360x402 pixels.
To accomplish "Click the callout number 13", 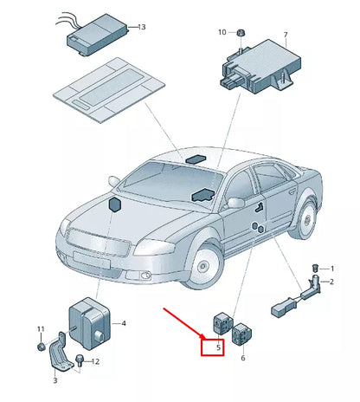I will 142,28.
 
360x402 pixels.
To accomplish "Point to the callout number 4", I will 124,323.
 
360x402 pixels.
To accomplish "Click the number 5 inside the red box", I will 219,348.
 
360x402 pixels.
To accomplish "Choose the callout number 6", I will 242,358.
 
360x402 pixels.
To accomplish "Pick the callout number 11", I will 40,329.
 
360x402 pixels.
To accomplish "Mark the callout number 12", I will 96,361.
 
